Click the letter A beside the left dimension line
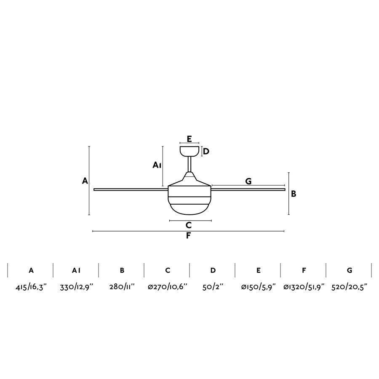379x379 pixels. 85,181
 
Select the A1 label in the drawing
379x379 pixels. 157,165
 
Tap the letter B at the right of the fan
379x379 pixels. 294,194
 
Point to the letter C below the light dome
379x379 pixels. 189,225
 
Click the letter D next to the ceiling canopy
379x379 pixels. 206,151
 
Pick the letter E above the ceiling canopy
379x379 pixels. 189,139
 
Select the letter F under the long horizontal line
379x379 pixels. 188,236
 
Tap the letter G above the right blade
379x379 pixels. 248,181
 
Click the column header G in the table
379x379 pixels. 350,270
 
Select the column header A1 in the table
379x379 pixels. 76,270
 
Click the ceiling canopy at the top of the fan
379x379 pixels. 189,150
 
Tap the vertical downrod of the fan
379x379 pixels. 189,164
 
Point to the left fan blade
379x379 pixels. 131,189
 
